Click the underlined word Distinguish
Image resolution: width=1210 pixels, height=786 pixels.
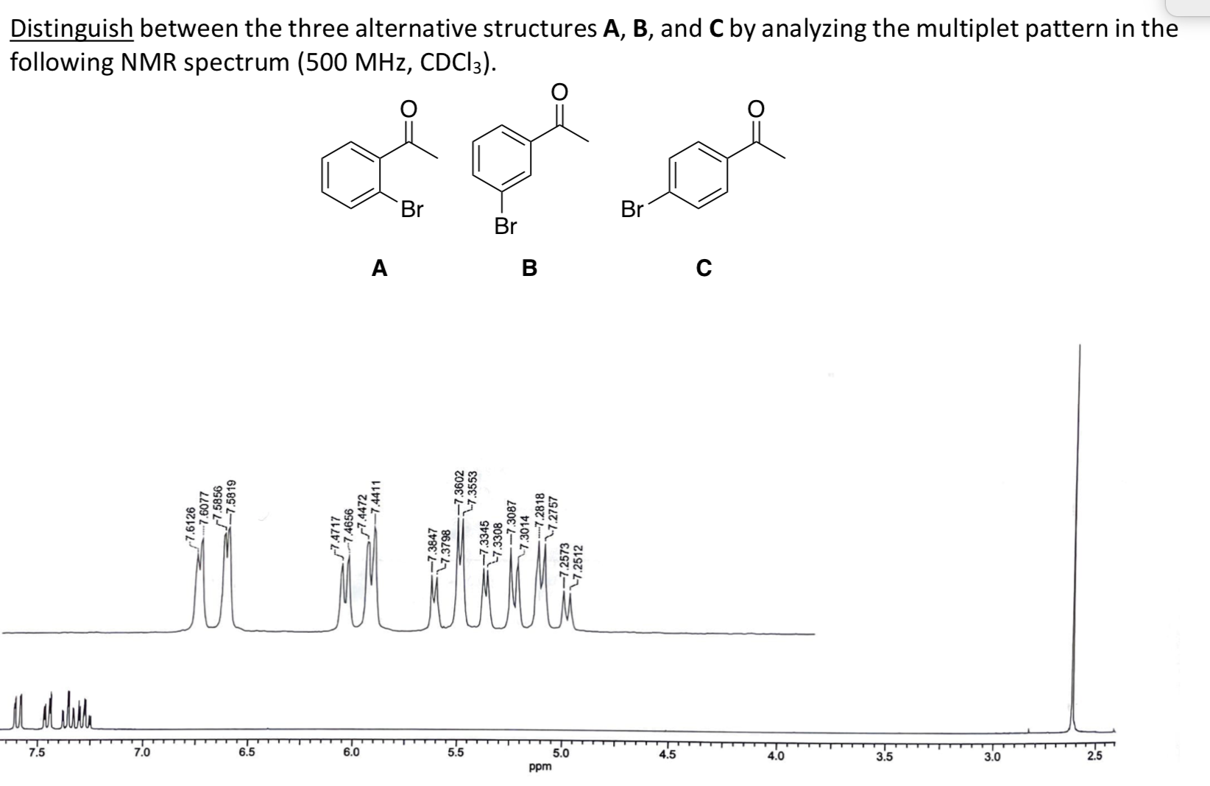[71, 29]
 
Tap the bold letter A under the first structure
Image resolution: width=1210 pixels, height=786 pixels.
[379, 269]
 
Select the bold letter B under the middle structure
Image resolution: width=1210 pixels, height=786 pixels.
[529, 269]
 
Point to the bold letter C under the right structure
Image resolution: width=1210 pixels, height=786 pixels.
[704, 269]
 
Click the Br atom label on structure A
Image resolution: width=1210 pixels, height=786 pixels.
[412, 210]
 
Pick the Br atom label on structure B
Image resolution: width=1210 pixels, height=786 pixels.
[506, 227]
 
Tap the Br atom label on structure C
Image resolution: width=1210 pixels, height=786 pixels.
[632, 210]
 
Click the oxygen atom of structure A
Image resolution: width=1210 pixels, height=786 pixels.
[408, 108]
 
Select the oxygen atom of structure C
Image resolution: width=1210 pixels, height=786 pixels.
[756, 108]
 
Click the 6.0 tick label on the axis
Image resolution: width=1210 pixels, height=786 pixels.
[352, 753]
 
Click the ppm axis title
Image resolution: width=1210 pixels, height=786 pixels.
[540, 768]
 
